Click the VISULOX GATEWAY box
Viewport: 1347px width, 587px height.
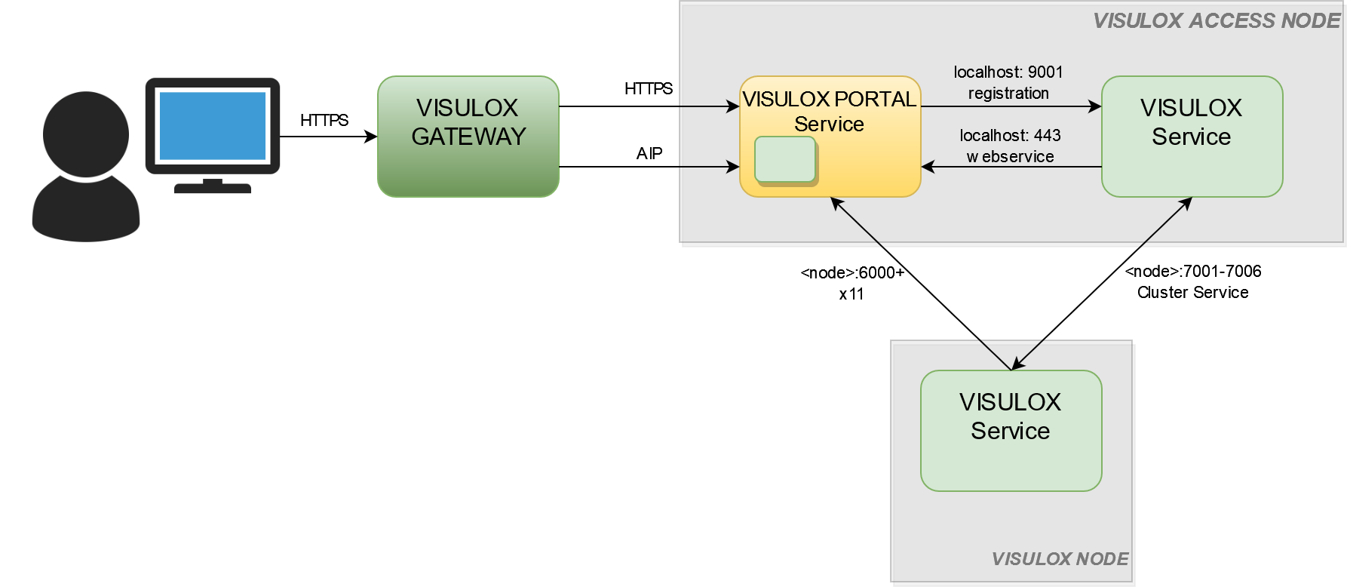468,137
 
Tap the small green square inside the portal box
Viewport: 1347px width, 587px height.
785,159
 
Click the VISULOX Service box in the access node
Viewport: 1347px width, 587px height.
1192,137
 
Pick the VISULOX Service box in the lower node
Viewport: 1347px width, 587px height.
1011,431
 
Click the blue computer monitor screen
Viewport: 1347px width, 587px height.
212,125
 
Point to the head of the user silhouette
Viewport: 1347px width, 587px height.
86,134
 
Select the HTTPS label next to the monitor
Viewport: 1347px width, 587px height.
324,120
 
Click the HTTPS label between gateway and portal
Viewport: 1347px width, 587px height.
649,89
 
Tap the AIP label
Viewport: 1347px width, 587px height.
649,154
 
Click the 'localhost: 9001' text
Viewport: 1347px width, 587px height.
1008,72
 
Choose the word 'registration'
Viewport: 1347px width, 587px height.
1008,94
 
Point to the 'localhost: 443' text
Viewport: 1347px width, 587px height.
1010,136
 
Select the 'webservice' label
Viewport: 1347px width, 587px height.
1010,157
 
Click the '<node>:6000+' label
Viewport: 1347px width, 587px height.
852,273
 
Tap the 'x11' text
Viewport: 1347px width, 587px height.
851,294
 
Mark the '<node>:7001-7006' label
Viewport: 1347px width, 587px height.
1193,272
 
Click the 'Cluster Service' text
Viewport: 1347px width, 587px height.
1193,293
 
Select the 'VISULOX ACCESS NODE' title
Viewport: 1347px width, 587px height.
1217,21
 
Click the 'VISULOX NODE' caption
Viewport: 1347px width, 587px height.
1060,559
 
